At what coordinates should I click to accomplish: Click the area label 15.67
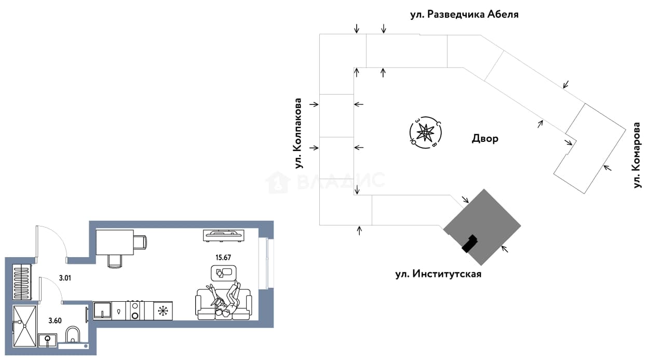click(x=223, y=257)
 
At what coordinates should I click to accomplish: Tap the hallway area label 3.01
click(x=65, y=278)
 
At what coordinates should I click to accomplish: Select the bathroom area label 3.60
click(x=55, y=321)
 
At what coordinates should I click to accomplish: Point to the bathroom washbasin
click(x=47, y=340)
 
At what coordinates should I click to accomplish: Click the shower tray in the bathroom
click(x=25, y=326)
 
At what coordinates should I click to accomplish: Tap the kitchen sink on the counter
click(x=102, y=311)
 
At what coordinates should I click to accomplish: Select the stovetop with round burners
click(x=135, y=311)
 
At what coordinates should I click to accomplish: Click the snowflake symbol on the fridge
click(x=163, y=311)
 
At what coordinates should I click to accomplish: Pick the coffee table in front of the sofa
click(x=224, y=273)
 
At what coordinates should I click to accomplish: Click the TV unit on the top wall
click(x=224, y=235)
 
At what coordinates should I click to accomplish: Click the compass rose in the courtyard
click(x=425, y=133)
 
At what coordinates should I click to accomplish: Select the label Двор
click(x=485, y=139)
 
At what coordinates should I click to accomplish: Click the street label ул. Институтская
click(x=438, y=274)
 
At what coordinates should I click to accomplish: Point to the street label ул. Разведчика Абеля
click(x=465, y=14)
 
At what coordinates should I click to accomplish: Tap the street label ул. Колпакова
click(x=298, y=133)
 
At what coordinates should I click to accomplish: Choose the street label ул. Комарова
click(x=637, y=155)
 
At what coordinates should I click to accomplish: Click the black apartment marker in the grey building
click(x=470, y=244)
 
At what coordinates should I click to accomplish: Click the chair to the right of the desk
click(x=141, y=242)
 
